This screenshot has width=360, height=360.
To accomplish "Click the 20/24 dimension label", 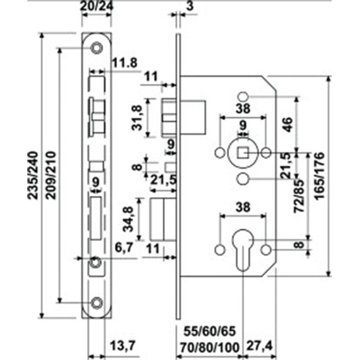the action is click(x=97, y=6).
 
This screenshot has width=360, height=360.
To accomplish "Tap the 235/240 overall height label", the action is click(x=32, y=175).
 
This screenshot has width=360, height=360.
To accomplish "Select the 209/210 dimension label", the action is click(x=51, y=175).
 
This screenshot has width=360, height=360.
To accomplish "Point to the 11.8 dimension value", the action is click(x=124, y=62).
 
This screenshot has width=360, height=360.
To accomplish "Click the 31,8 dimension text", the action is click(x=137, y=118).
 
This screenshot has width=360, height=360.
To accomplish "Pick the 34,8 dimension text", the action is click(x=128, y=219).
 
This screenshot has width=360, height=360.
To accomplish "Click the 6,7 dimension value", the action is click(x=124, y=247).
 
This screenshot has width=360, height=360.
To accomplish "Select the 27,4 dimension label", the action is click(x=259, y=346).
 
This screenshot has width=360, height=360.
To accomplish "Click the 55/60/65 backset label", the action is click(x=210, y=331).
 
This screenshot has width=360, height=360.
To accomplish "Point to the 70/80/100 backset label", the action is click(x=210, y=348).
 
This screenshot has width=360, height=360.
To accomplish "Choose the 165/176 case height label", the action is click(x=319, y=176).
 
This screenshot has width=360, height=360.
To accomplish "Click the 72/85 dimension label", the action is click(x=299, y=196).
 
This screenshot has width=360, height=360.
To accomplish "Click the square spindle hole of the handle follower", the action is click(x=243, y=152).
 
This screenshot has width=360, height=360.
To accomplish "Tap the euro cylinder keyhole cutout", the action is click(x=243, y=250).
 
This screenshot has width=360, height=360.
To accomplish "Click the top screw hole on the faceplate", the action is click(x=97, y=48).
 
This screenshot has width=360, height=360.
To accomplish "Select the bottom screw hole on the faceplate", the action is click(x=97, y=303).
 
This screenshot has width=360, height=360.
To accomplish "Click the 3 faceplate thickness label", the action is click(x=190, y=6).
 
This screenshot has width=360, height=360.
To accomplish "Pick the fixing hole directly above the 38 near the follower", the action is click(x=243, y=97).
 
